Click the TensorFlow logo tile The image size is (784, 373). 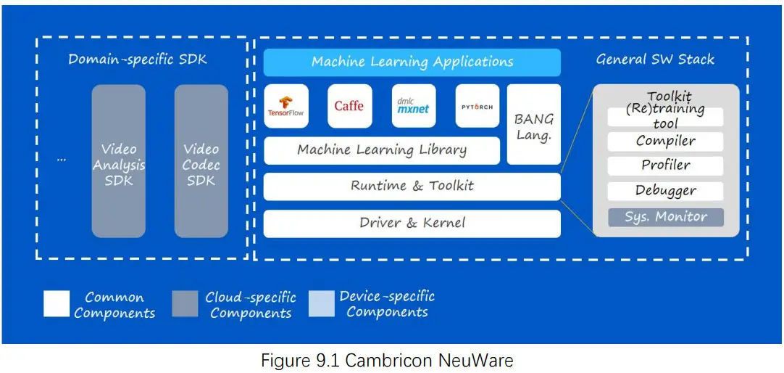[x=286, y=106]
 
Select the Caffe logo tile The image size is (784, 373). [x=349, y=106]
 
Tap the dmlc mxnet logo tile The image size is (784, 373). [x=413, y=106]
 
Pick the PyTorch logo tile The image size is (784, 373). [x=477, y=106]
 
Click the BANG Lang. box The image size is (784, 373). [x=534, y=124]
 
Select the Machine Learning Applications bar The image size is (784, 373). [x=412, y=62]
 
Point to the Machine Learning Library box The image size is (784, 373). [x=382, y=151]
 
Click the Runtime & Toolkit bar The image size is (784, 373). [x=412, y=186]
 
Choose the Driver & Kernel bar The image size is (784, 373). [x=412, y=224]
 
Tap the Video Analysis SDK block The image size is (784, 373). [x=118, y=160]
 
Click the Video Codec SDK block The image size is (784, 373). [x=201, y=160]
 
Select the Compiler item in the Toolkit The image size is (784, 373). [x=665, y=142]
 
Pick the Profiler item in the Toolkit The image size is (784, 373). [x=665, y=165]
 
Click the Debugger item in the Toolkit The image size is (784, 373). [x=665, y=192]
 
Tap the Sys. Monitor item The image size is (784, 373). [x=665, y=217]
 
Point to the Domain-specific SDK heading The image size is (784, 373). [x=138, y=60]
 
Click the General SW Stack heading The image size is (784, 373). [x=655, y=60]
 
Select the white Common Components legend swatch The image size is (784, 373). [x=57, y=304]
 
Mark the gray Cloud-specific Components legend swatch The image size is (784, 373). [x=185, y=304]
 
